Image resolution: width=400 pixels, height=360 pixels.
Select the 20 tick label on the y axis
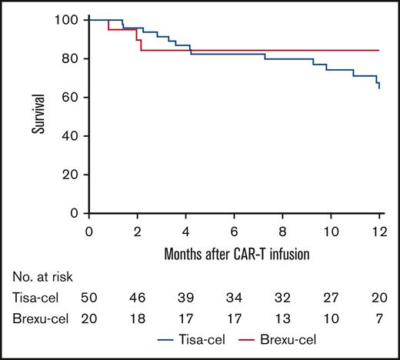tap(74, 175)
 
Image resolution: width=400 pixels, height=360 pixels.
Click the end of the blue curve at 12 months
tap(379, 88)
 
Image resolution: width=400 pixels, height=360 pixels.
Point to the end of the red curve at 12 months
tap(379, 50)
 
